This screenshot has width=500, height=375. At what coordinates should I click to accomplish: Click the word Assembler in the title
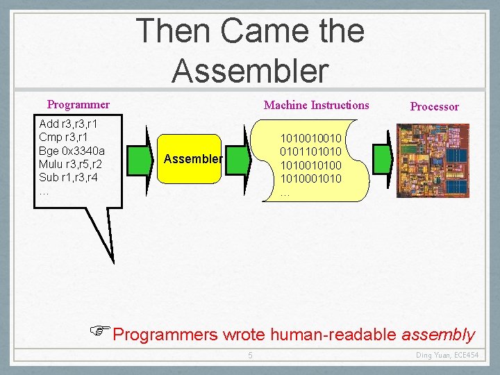coord(250,69)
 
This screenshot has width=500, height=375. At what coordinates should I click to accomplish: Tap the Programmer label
coord(78,105)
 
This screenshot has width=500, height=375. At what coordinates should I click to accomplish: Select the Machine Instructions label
coord(317,105)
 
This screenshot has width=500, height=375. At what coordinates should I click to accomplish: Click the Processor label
coord(434,106)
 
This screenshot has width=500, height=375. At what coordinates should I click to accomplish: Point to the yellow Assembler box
coord(192,159)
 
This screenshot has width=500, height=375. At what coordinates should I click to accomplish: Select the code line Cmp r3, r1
coord(63,138)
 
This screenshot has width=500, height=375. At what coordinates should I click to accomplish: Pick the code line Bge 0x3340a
coord(72,151)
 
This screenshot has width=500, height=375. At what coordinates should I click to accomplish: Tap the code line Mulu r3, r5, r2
coord(71,164)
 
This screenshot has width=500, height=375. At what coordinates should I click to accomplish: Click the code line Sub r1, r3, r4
coord(69,176)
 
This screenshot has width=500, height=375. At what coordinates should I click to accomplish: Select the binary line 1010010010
coord(310,138)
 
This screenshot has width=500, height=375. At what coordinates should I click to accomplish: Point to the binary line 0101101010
coord(310,151)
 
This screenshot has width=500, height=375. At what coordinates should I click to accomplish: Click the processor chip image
coord(433,160)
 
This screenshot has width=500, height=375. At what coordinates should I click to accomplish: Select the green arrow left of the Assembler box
coord(147,160)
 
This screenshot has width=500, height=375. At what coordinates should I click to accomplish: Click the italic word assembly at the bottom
coord(438,335)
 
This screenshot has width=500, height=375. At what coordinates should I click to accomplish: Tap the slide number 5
coord(251,356)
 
